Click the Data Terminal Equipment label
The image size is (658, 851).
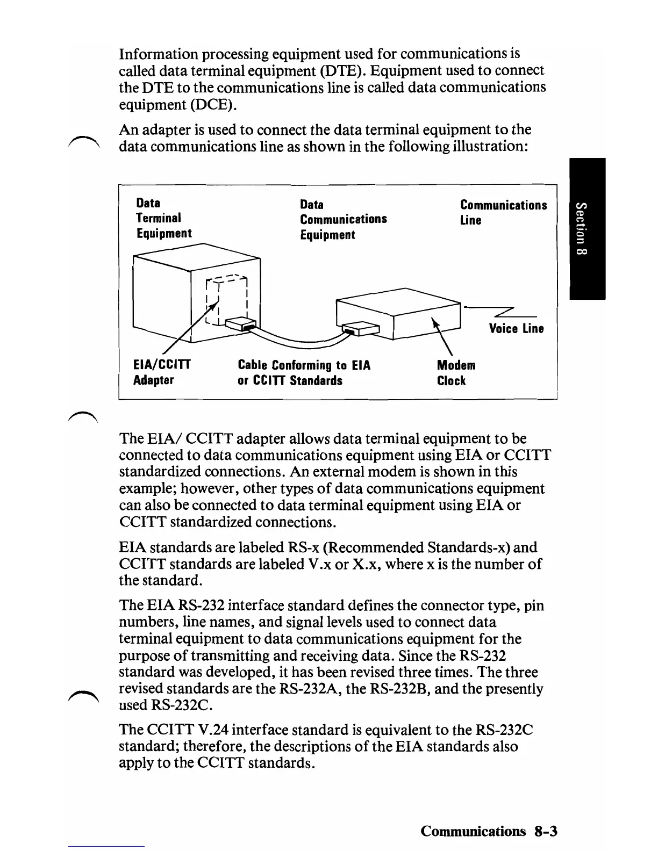163,218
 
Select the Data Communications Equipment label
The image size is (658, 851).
343,219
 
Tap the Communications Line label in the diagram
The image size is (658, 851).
503,212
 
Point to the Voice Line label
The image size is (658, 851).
516,328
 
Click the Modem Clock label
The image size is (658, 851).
456,373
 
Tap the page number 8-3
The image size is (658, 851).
546,831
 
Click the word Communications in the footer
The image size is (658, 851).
473,831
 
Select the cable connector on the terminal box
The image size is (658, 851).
240,324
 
